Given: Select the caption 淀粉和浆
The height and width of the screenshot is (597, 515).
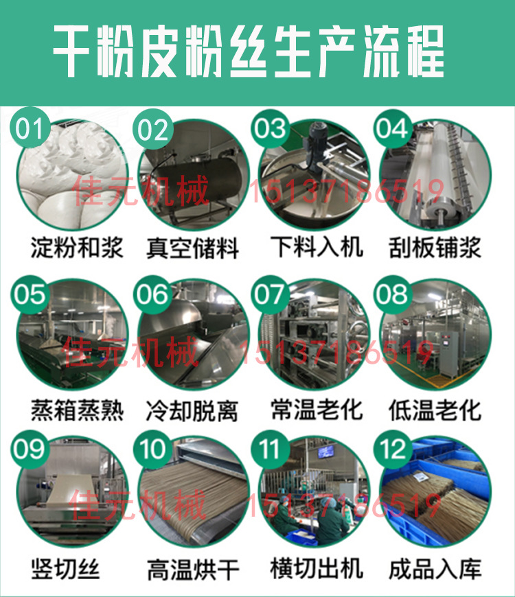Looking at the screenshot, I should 77,247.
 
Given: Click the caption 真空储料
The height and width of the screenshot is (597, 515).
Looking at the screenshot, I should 193,248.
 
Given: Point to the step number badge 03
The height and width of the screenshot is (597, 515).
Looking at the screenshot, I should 271,128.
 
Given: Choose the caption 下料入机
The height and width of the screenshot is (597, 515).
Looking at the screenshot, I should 316,247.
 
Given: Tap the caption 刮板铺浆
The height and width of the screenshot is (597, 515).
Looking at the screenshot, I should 434,247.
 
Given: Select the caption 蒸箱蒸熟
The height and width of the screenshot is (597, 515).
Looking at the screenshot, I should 77,410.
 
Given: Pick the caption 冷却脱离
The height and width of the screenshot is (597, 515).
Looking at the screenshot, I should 193,411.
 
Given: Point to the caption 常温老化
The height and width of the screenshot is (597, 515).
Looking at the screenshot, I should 316,410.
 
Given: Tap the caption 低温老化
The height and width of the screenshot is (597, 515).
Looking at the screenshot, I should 434,410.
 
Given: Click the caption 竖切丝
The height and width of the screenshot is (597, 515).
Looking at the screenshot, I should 66,569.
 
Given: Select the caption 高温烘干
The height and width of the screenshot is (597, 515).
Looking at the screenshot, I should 193,570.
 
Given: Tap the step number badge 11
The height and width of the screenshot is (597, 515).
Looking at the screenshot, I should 271,449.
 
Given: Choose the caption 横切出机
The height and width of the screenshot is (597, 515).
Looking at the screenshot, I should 316,569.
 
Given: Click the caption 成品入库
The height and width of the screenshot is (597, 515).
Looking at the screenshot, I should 434,569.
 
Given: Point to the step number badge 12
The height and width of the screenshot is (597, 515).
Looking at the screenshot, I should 393,449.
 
